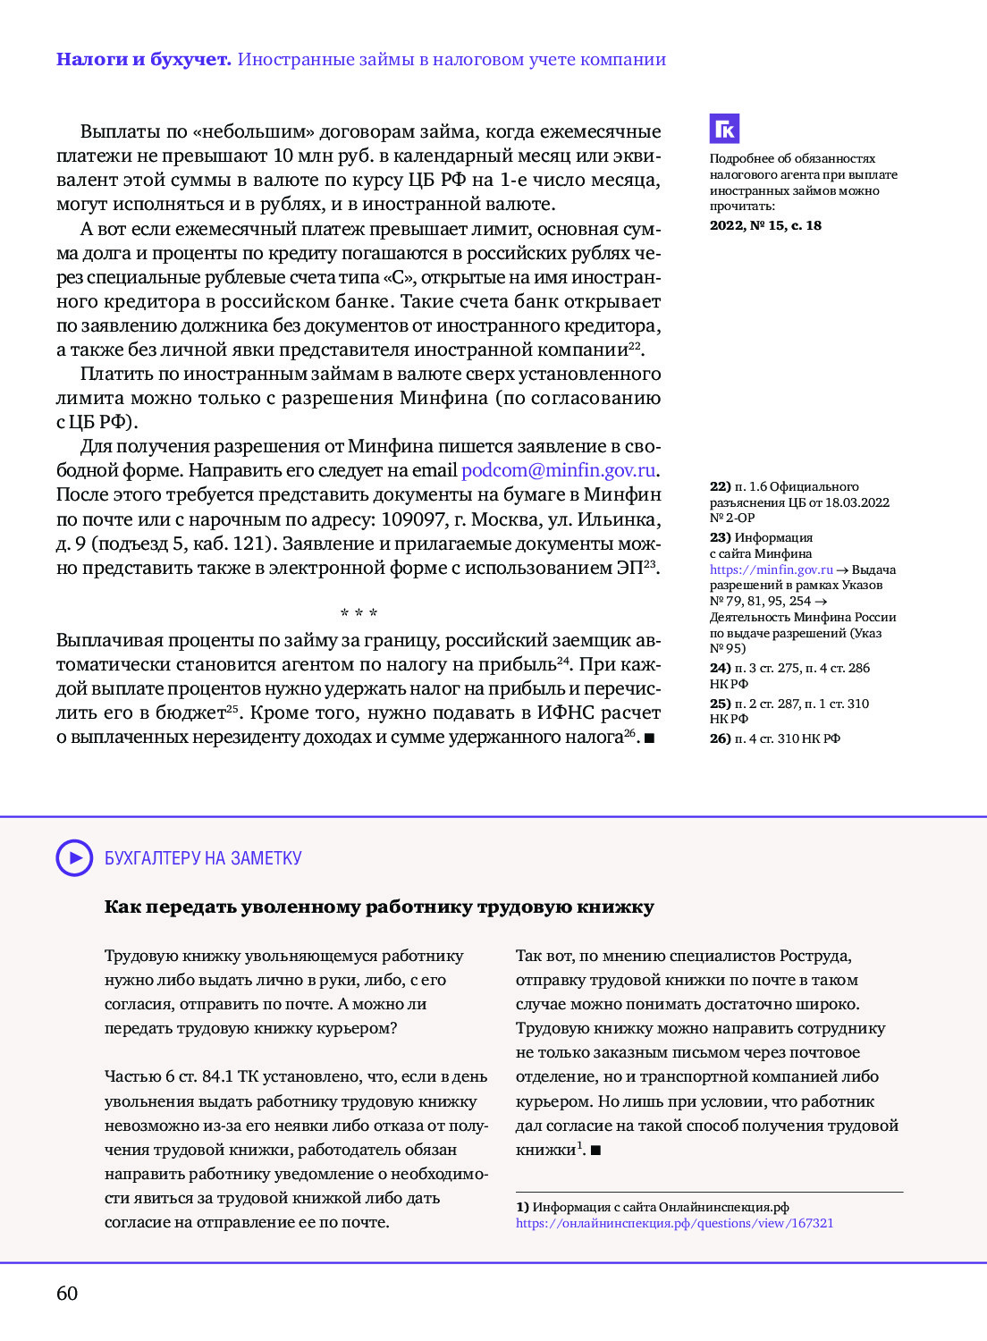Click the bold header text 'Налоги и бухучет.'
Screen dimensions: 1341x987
pos(143,60)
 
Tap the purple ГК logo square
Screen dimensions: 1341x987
pos(724,129)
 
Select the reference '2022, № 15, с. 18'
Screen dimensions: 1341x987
pos(765,225)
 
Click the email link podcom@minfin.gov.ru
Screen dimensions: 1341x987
pos(559,470)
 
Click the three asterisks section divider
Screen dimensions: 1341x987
pos(359,613)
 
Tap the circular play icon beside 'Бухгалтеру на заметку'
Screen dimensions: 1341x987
pos(74,858)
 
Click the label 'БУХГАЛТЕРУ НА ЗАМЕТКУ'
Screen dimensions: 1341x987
pos(203,858)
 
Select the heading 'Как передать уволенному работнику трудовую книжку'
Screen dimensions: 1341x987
pos(379,907)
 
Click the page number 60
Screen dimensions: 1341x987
pos(67,1294)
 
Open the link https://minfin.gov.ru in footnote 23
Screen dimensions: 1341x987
pos(771,569)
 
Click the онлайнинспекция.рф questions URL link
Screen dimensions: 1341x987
pos(674,1223)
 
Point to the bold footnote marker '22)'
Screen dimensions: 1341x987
pos(720,487)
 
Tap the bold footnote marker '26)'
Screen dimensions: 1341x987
pos(720,738)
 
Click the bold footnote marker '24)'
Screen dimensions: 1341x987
pos(720,668)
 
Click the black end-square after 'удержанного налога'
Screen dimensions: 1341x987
pos(649,738)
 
